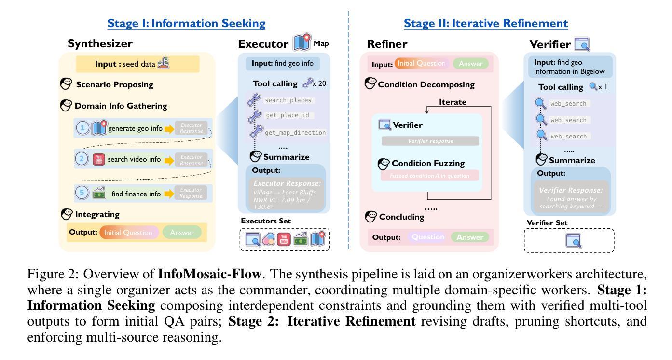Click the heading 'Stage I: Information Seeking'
[x=186, y=23]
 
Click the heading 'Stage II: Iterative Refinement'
[x=486, y=23]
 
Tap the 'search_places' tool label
[x=288, y=100]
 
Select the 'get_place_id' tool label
[x=290, y=116]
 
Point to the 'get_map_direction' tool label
[x=295, y=132]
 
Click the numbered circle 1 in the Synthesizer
[x=83, y=128]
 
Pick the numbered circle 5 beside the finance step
[x=82, y=194]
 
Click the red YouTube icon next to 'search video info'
[x=99, y=159]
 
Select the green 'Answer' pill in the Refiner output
[x=469, y=237]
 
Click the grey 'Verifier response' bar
[x=430, y=141]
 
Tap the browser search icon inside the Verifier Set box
[x=573, y=240]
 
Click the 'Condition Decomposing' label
[x=426, y=84]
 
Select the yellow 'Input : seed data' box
[x=137, y=64]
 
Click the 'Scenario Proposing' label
[x=114, y=84]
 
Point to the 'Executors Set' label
[x=266, y=221]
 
